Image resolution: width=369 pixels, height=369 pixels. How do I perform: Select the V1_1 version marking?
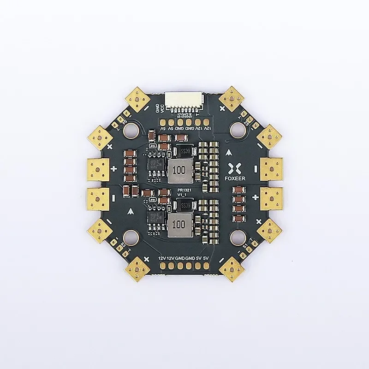(182, 196)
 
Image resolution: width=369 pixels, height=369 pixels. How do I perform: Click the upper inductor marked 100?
(179, 170)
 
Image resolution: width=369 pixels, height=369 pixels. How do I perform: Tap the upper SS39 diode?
(183, 151)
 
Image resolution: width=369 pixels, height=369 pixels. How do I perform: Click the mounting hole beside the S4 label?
(130, 131)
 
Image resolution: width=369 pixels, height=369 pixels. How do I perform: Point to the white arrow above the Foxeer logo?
(230, 152)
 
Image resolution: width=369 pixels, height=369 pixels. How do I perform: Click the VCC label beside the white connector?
(162, 110)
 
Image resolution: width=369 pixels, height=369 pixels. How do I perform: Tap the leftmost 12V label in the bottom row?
(161, 258)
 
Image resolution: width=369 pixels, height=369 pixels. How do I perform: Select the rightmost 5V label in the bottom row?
(206, 258)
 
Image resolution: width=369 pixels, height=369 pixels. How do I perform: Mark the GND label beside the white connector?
(157, 109)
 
